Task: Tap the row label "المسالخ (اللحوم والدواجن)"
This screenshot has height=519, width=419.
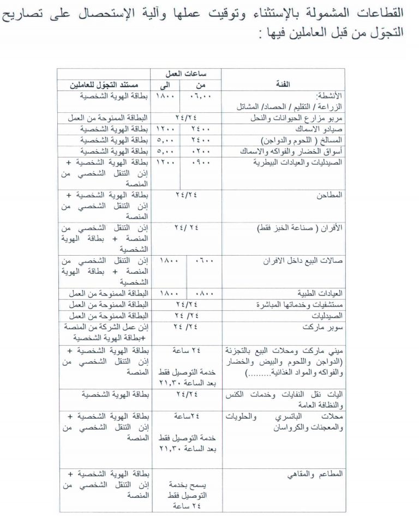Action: coord(318,140)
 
